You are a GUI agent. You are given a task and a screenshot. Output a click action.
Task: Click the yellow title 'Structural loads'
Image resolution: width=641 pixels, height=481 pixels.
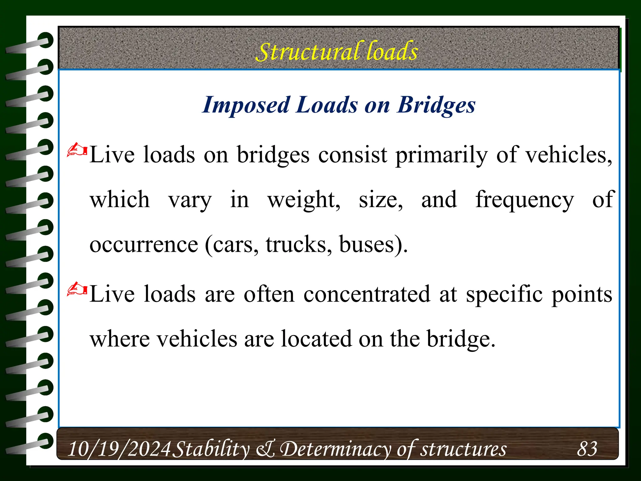click(337, 52)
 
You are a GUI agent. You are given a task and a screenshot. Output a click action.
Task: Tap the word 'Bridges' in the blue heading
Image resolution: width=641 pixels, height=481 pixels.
click(436, 105)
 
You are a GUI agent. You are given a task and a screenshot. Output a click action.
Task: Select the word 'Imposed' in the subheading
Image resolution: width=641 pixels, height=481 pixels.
click(246, 105)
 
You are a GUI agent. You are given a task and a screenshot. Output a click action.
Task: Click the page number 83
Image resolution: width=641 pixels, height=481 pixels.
click(587, 449)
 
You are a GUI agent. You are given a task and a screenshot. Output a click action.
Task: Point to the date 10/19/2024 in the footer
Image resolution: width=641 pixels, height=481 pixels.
click(119, 449)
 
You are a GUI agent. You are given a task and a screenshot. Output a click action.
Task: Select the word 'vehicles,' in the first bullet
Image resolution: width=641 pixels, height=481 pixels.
click(568, 155)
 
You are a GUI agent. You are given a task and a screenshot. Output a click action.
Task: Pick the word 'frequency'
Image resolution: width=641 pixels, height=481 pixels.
click(525, 200)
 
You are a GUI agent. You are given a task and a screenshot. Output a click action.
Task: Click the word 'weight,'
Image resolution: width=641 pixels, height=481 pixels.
click(304, 200)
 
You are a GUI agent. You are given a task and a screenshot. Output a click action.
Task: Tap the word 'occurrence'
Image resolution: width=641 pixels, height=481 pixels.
click(144, 245)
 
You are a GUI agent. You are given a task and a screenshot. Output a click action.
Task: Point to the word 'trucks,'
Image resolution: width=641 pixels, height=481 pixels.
click(299, 245)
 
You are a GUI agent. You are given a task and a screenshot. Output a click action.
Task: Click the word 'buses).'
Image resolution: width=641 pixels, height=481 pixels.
click(373, 245)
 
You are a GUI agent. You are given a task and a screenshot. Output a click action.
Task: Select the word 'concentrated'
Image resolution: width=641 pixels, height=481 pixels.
click(367, 294)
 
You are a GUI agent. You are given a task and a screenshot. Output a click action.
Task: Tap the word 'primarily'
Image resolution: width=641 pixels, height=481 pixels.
click(441, 155)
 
